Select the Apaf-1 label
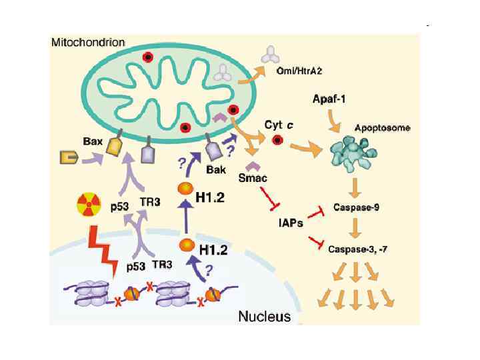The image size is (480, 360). [329, 99]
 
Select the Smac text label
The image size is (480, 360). [252, 179]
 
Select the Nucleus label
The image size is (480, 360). [264, 315]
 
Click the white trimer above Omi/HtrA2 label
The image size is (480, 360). [271, 54]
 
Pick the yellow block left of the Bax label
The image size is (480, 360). [67, 157]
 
